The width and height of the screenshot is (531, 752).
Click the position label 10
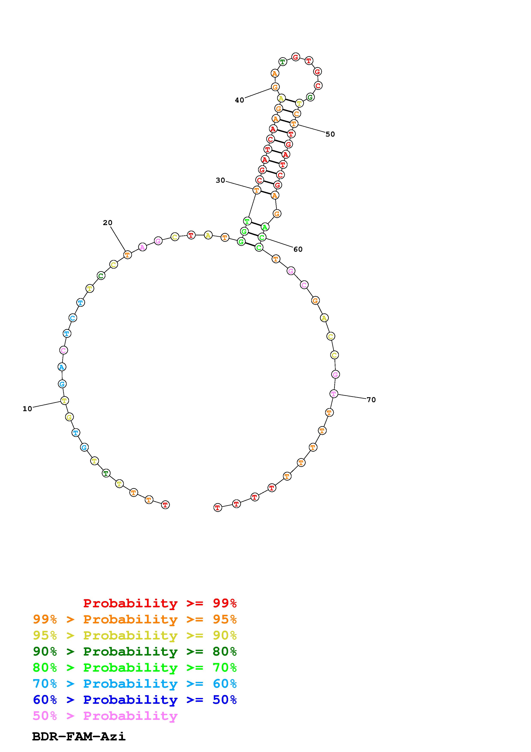(27, 409)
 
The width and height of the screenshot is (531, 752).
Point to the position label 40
(239, 100)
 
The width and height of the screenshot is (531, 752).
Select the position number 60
(298, 249)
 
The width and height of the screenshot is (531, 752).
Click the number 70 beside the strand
(371, 400)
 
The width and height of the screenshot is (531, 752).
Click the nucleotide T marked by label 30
(257, 190)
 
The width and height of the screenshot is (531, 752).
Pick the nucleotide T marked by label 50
(294, 124)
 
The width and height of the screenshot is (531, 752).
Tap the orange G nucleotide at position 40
(275, 87)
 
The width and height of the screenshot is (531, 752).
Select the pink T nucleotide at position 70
(333, 394)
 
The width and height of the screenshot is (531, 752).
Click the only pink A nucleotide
(142, 247)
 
